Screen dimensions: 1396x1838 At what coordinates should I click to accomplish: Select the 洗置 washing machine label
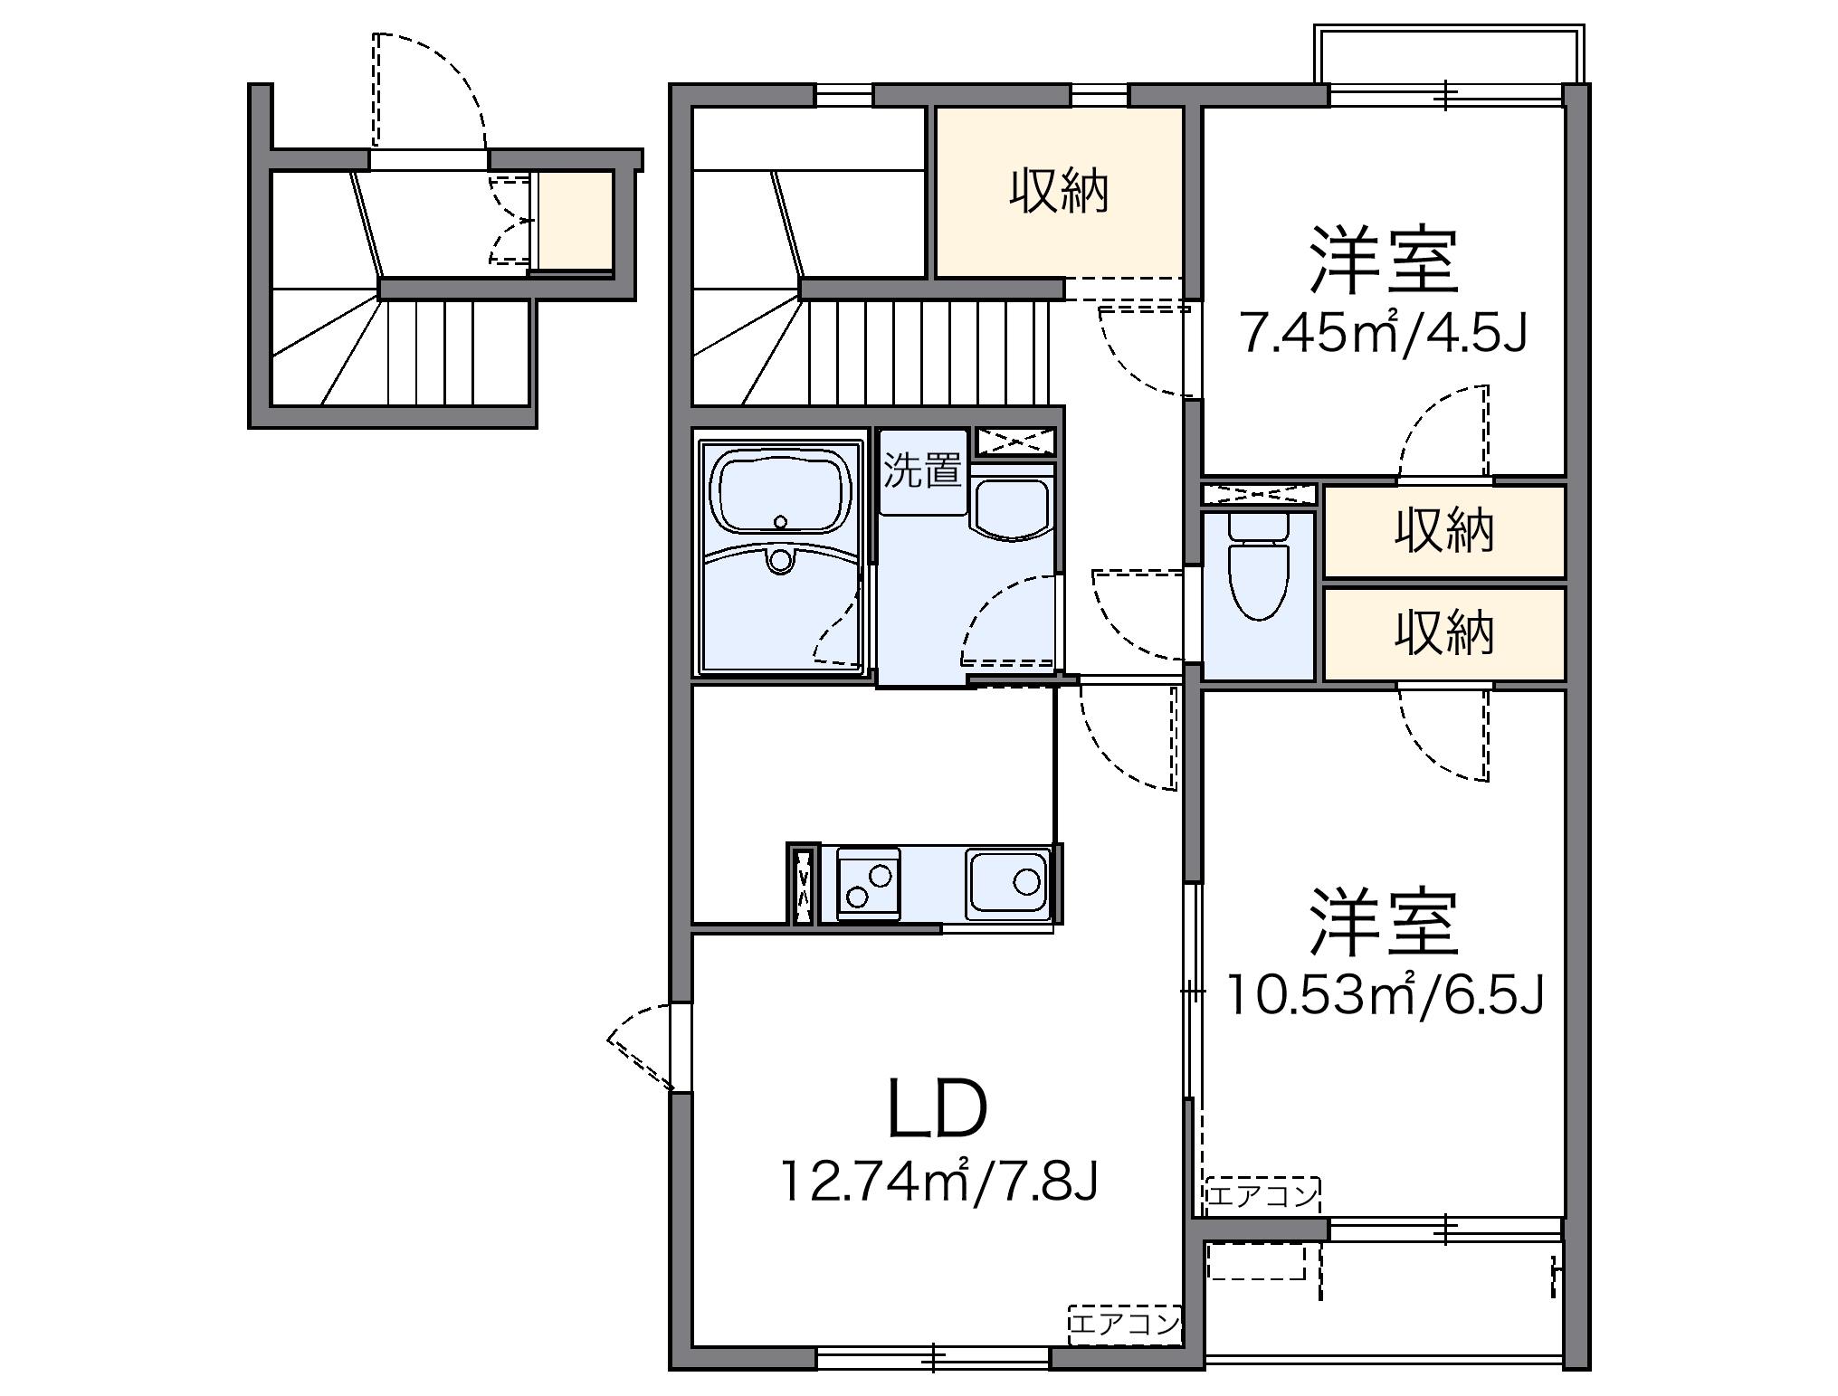click(x=922, y=470)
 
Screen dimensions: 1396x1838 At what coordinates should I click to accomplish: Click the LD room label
click(x=936, y=1109)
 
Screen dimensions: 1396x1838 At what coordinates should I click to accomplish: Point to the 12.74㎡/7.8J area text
click(x=938, y=1182)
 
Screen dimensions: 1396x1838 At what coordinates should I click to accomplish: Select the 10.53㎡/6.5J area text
click(x=1385, y=995)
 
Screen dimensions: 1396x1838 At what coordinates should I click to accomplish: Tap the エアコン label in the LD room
click(x=1125, y=1325)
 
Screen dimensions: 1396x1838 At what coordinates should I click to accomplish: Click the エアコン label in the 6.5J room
click(x=1262, y=1195)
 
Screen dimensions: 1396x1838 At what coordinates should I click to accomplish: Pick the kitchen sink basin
click(x=1008, y=881)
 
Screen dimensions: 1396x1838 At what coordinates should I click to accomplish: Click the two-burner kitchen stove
click(x=869, y=883)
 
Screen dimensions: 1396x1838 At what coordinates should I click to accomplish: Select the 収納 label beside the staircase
click(x=1059, y=192)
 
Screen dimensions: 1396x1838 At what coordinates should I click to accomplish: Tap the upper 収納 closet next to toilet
click(x=1443, y=531)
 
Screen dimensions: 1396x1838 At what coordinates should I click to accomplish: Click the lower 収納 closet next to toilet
click(x=1443, y=633)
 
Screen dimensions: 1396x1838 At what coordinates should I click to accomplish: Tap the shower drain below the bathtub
click(x=778, y=561)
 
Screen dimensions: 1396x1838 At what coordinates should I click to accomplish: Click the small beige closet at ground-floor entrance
click(x=576, y=220)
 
